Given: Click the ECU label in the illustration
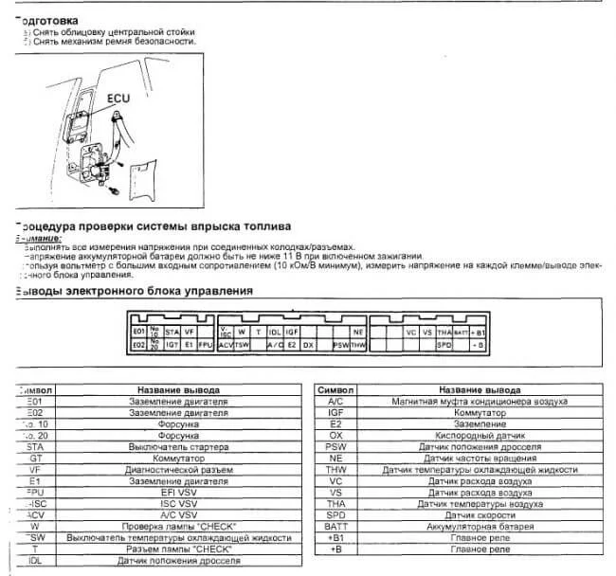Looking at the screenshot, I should (x=118, y=97).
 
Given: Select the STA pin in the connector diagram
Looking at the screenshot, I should (x=172, y=333).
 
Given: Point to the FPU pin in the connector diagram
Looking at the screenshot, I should (x=205, y=346).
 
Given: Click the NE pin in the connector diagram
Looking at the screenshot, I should (x=357, y=333).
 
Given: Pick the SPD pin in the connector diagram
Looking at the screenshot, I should (x=444, y=346).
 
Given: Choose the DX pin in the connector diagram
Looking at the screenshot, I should (x=307, y=346).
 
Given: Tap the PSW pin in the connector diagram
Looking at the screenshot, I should (x=340, y=346).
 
